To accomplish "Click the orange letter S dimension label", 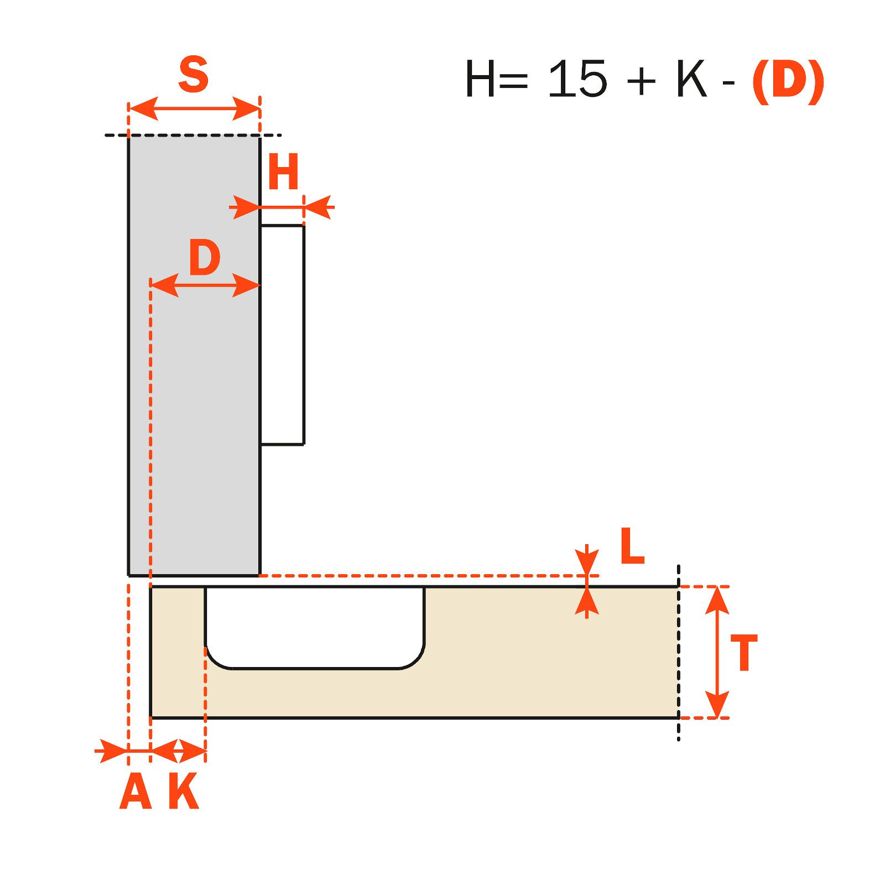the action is click(194, 75).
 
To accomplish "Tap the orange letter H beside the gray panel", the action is click(283, 171).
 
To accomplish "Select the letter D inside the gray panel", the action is click(205, 257).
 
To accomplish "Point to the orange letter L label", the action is click(632, 546).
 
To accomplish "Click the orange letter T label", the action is click(744, 653).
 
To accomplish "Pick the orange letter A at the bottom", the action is click(136, 791).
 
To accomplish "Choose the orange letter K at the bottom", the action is click(184, 791).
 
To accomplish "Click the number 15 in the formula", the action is click(577, 79).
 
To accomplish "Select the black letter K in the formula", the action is click(691, 79).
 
